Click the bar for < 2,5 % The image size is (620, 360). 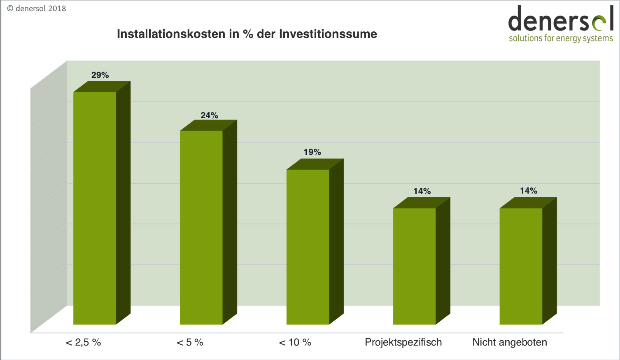tap(95, 208)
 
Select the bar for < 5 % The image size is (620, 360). tap(201, 227)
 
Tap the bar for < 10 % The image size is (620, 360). tap(308, 247)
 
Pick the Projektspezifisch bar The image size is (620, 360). tap(415, 266)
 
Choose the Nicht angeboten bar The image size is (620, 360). tap(521, 266)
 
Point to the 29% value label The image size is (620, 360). tap(100, 75)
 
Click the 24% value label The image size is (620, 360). tap(209, 115)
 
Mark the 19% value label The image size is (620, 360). tap(312, 152)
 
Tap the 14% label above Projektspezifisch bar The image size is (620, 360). tap(422, 191)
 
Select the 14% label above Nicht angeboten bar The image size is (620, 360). tap(529, 191)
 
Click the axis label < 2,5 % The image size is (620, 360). tap(83, 342)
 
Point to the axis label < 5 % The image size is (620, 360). tap(190, 342)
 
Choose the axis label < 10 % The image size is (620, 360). tap(295, 342)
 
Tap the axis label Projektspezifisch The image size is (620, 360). tap(403, 342)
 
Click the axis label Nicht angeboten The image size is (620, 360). tap(510, 342)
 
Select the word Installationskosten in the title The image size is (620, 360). tap(171, 34)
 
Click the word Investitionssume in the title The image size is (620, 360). tap(328, 34)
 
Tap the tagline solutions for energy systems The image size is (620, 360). tap(561, 38)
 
